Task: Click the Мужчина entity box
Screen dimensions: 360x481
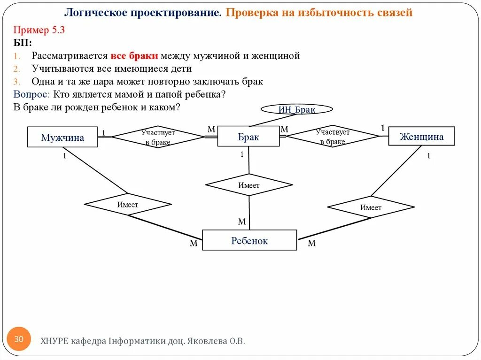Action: point(62,137)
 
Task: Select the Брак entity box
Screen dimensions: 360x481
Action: point(248,137)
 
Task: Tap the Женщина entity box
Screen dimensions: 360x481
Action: point(421,136)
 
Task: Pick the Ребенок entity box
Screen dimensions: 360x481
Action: point(249,240)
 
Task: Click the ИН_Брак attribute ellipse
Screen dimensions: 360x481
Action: point(297,109)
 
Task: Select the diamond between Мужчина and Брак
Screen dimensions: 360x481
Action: point(158,137)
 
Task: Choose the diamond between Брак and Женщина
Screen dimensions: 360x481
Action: point(333,136)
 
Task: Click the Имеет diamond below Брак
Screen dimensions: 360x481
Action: point(249,185)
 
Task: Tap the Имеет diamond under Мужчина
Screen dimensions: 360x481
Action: point(127,205)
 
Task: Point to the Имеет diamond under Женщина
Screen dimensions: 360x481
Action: point(371,207)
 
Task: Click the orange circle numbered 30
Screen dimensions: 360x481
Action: point(19,339)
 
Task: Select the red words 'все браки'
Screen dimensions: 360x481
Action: point(134,56)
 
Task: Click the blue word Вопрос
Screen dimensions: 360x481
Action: point(31,94)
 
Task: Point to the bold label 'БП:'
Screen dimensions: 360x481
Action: point(23,43)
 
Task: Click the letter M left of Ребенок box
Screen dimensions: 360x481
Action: point(194,243)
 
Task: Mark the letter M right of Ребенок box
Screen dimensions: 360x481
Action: point(312,243)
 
